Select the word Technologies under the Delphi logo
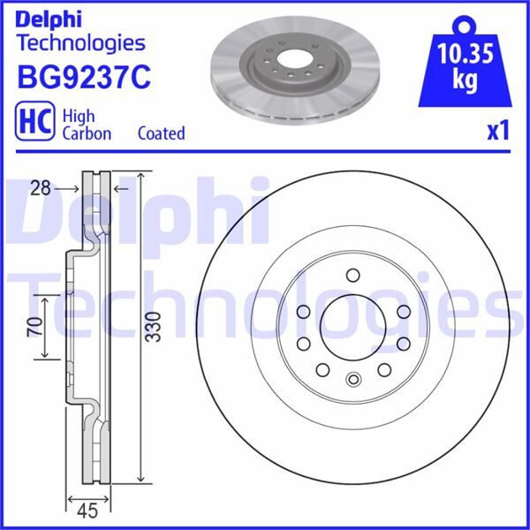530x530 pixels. [80, 42]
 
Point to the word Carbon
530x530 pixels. [87, 133]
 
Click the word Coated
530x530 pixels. [161, 133]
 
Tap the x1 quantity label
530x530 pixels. [498, 132]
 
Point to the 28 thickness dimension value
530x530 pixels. [37, 187]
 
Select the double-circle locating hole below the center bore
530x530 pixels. [353, 381]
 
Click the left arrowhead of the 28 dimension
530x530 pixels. [78, 187]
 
